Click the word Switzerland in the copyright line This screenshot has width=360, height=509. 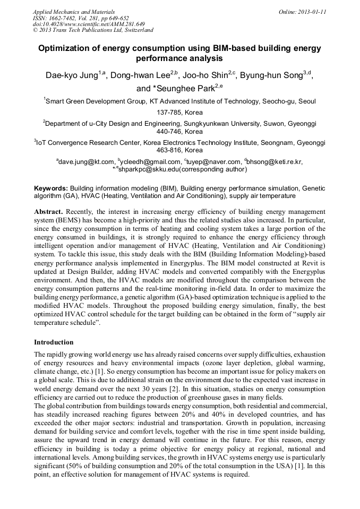point(134,30)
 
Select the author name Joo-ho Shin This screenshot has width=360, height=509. point(209,75)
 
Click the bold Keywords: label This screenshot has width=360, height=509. point(51,188)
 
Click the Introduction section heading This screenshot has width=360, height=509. point(54,342)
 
